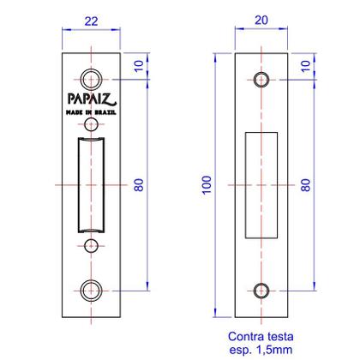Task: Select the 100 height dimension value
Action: (x=205, y=184)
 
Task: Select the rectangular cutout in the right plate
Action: (x=261, y=184)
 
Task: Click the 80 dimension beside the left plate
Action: (x=138, y=184)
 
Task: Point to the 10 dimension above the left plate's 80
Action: (x=138, y=65)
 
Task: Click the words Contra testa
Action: (x=261, y=337)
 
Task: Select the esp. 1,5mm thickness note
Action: (x=261, y=350)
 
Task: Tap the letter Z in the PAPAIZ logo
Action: (x=113, y=97)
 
